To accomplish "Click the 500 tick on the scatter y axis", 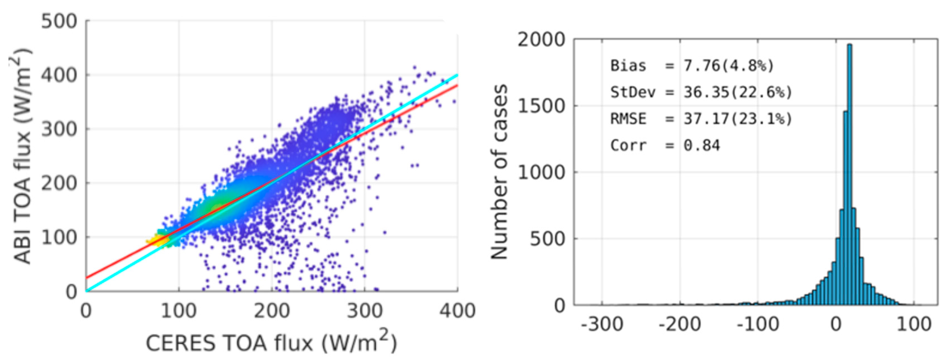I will (59, 21).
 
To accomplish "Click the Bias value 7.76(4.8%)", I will (728, 66).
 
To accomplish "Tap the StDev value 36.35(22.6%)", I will (737, 92).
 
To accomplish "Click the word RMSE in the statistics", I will (628, 119).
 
